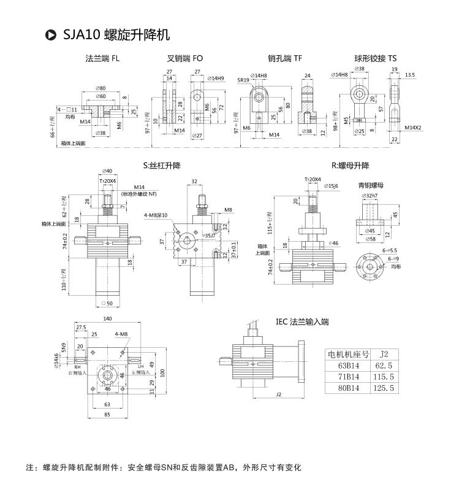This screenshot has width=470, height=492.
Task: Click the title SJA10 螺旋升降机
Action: (116, 34)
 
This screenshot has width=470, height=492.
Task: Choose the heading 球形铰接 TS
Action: (375, 59)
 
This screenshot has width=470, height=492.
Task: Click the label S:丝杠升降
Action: (162, 166)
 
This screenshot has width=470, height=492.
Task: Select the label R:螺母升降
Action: (351, 166)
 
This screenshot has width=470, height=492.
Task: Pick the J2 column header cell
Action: (385, 355)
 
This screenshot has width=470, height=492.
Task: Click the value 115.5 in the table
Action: (387, 377)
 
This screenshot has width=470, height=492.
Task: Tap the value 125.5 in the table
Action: (387, 388)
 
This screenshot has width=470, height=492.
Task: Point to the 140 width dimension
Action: (108, 319)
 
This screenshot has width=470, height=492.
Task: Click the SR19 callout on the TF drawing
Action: (243, 80)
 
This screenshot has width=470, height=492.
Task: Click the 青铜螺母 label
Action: (371, 184)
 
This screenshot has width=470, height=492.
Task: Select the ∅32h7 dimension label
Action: (370, 195)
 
